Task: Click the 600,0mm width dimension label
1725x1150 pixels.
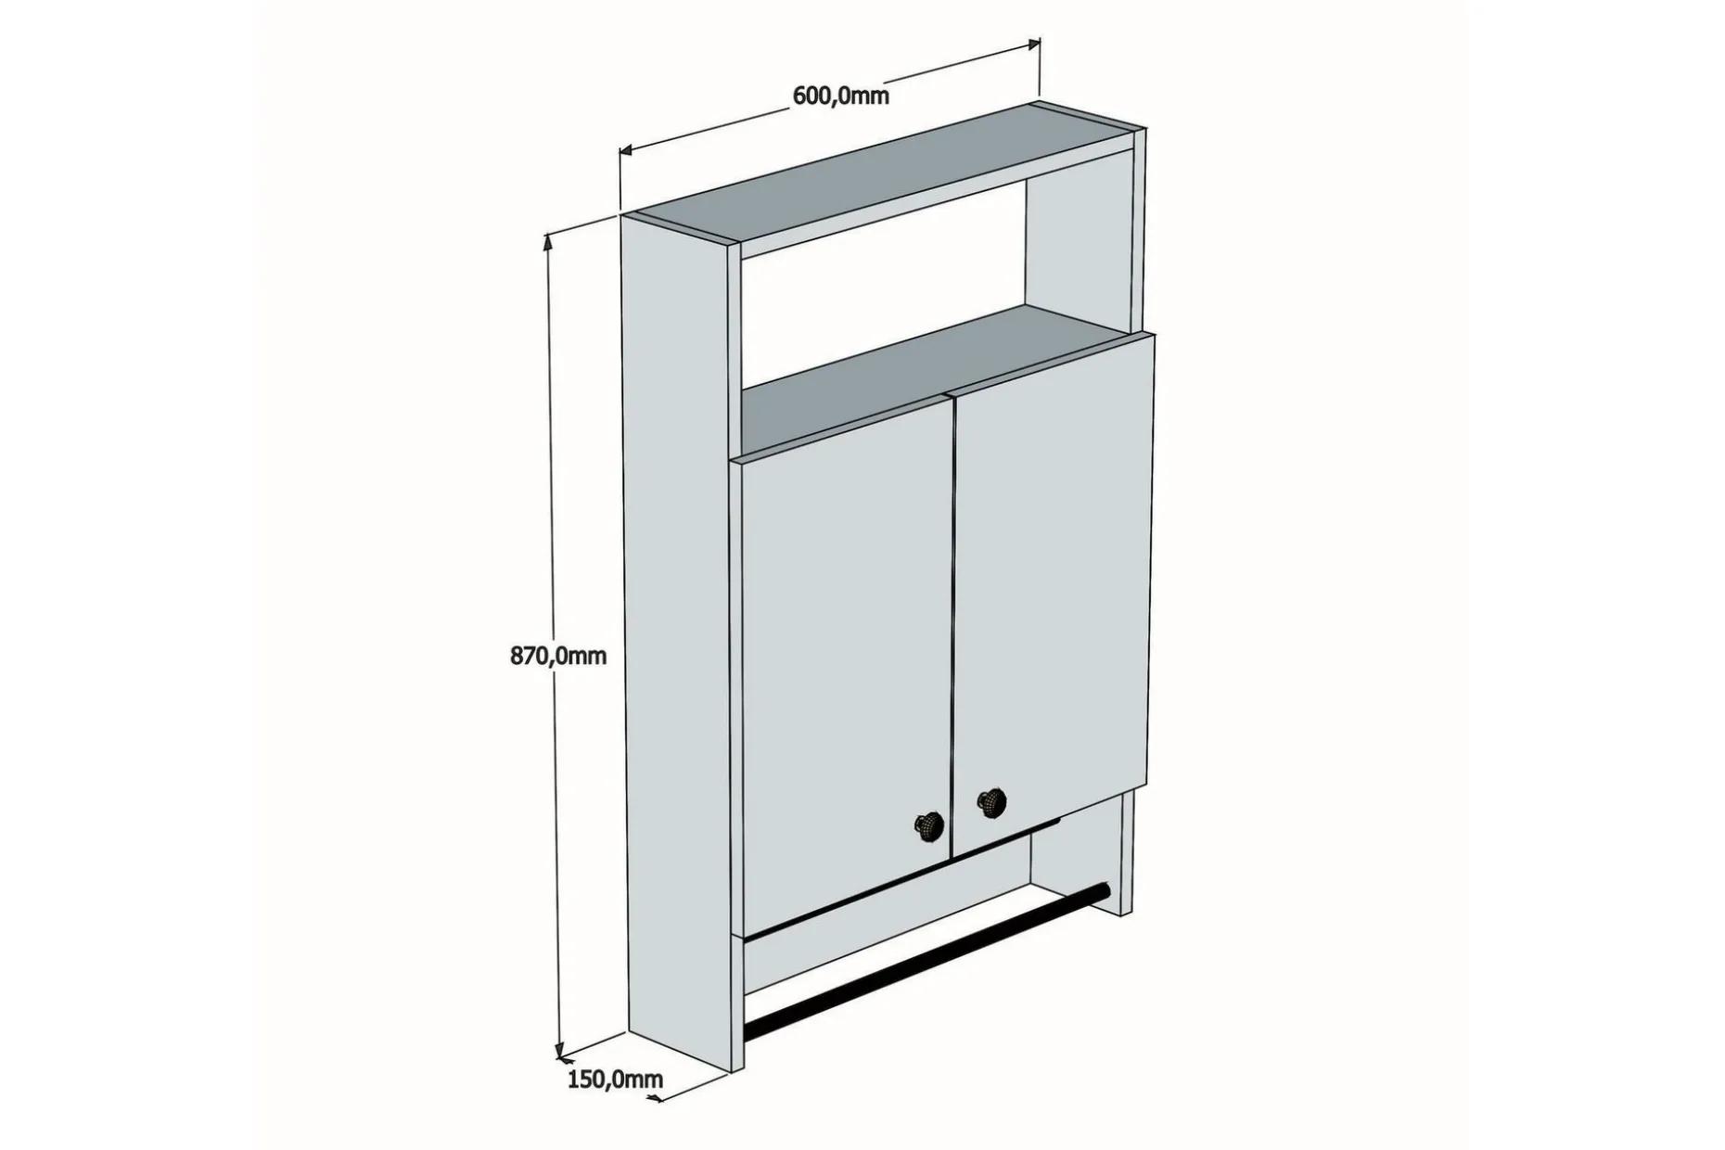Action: (840, 96)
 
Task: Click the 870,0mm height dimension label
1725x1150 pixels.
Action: (558, 656)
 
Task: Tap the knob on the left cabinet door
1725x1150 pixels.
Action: (929, 824)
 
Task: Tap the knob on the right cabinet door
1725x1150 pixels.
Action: (992, 800)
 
